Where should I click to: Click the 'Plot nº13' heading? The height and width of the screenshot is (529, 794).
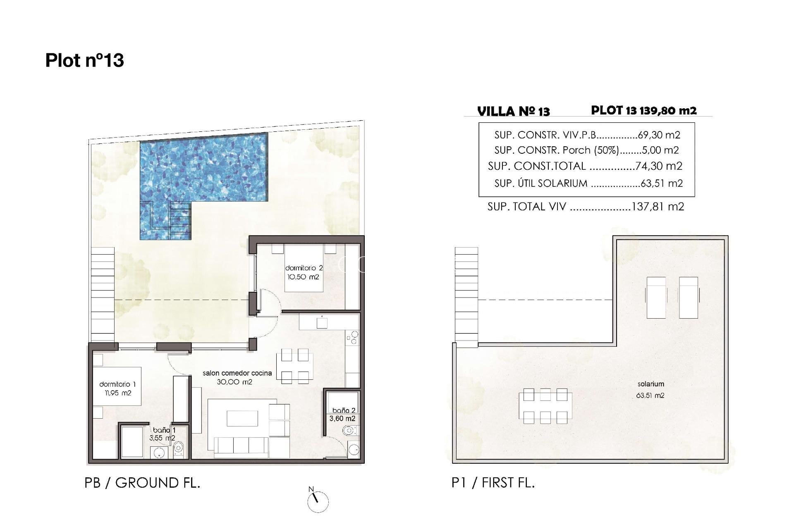click(84, 60)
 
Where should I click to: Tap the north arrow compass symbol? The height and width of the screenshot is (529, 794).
click(318, 501)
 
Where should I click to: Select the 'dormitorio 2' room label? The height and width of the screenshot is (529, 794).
click(304, 269)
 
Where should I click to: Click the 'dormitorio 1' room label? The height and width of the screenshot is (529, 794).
click(117, 384)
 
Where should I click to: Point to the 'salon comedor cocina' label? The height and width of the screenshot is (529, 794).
click(237, 373)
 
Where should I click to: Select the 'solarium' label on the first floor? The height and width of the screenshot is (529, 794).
click(651, 384)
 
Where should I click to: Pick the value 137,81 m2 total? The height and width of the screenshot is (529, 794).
click(658, 207)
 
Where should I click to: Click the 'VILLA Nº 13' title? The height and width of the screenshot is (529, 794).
click(513, 112)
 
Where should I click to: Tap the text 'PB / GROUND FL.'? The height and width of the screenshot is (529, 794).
click(142, 483)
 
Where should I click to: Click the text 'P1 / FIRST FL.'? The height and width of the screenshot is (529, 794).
click(493, 483)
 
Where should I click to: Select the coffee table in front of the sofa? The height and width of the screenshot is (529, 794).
click(242, 418)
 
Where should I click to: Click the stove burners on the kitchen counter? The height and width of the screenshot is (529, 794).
click(352, 339)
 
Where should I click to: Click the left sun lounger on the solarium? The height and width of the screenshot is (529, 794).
click(656, 297)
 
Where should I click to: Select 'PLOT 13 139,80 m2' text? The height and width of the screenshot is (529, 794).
click(643, 110)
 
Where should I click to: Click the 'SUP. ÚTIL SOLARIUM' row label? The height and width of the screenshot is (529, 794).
click(540, 183)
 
